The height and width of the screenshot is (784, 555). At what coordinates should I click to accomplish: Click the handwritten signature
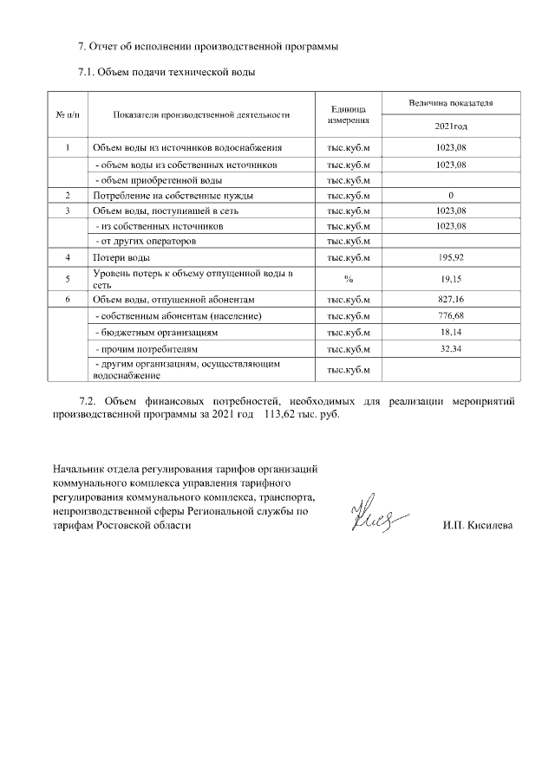coord(372,518)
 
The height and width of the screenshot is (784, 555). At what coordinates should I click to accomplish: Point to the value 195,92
coord(451,258)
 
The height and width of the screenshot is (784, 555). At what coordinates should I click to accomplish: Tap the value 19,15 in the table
coord(451,279)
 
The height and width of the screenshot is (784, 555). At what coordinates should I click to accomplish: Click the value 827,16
coord(451,299)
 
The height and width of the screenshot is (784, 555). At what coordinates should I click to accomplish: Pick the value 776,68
coord(451,315)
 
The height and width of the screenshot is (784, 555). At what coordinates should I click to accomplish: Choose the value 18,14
coord(451,332)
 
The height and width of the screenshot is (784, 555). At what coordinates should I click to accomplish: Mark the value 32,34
coord(451,348)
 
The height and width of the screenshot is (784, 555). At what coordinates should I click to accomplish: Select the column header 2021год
coord(451,126)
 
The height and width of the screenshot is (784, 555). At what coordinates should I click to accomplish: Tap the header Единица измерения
coord(349,115)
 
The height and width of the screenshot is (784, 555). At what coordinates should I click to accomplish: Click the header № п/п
coord(67,114)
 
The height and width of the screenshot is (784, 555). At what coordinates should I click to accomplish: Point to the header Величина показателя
coord(451,103)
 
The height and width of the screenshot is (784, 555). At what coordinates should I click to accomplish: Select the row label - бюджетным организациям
coord(156,332)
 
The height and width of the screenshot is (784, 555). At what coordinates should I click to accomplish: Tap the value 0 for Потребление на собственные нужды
coord(451,195)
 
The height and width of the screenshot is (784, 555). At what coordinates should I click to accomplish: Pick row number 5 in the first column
coord(67,279)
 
